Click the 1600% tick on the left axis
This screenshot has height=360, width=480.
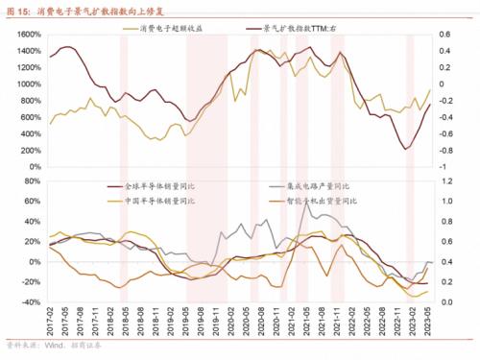pyautogui.click(x=26, y=35)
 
